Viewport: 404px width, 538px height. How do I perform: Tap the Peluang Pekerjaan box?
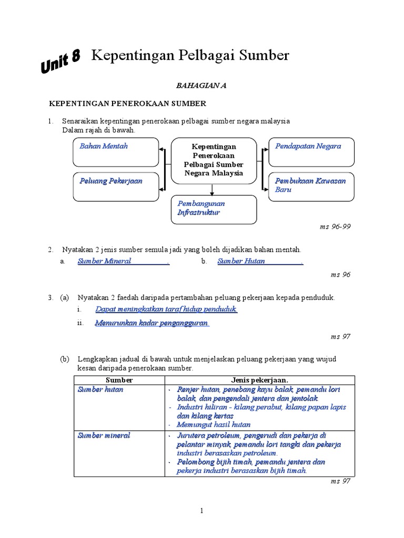tap(116, 186)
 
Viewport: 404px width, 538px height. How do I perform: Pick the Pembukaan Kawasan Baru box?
tap(312, 186)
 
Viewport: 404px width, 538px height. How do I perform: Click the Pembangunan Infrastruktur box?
tap(214, 209)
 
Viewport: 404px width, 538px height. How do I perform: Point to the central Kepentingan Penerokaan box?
tap(214, 160)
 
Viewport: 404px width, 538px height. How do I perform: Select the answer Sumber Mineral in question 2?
tap(105, 261)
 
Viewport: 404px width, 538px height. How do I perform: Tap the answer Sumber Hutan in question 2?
tap(241, 261)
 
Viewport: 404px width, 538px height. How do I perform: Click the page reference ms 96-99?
tap(335, 227)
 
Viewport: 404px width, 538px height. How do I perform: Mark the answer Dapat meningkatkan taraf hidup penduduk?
tap(166, 309)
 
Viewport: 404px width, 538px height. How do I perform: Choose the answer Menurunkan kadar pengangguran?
tap(152, 323)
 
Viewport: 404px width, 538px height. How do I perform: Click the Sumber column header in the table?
tap(119, 380)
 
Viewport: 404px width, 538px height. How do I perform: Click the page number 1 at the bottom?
tap(202, 510)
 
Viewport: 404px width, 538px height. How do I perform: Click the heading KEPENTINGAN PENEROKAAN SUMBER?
tap(128, 104)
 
